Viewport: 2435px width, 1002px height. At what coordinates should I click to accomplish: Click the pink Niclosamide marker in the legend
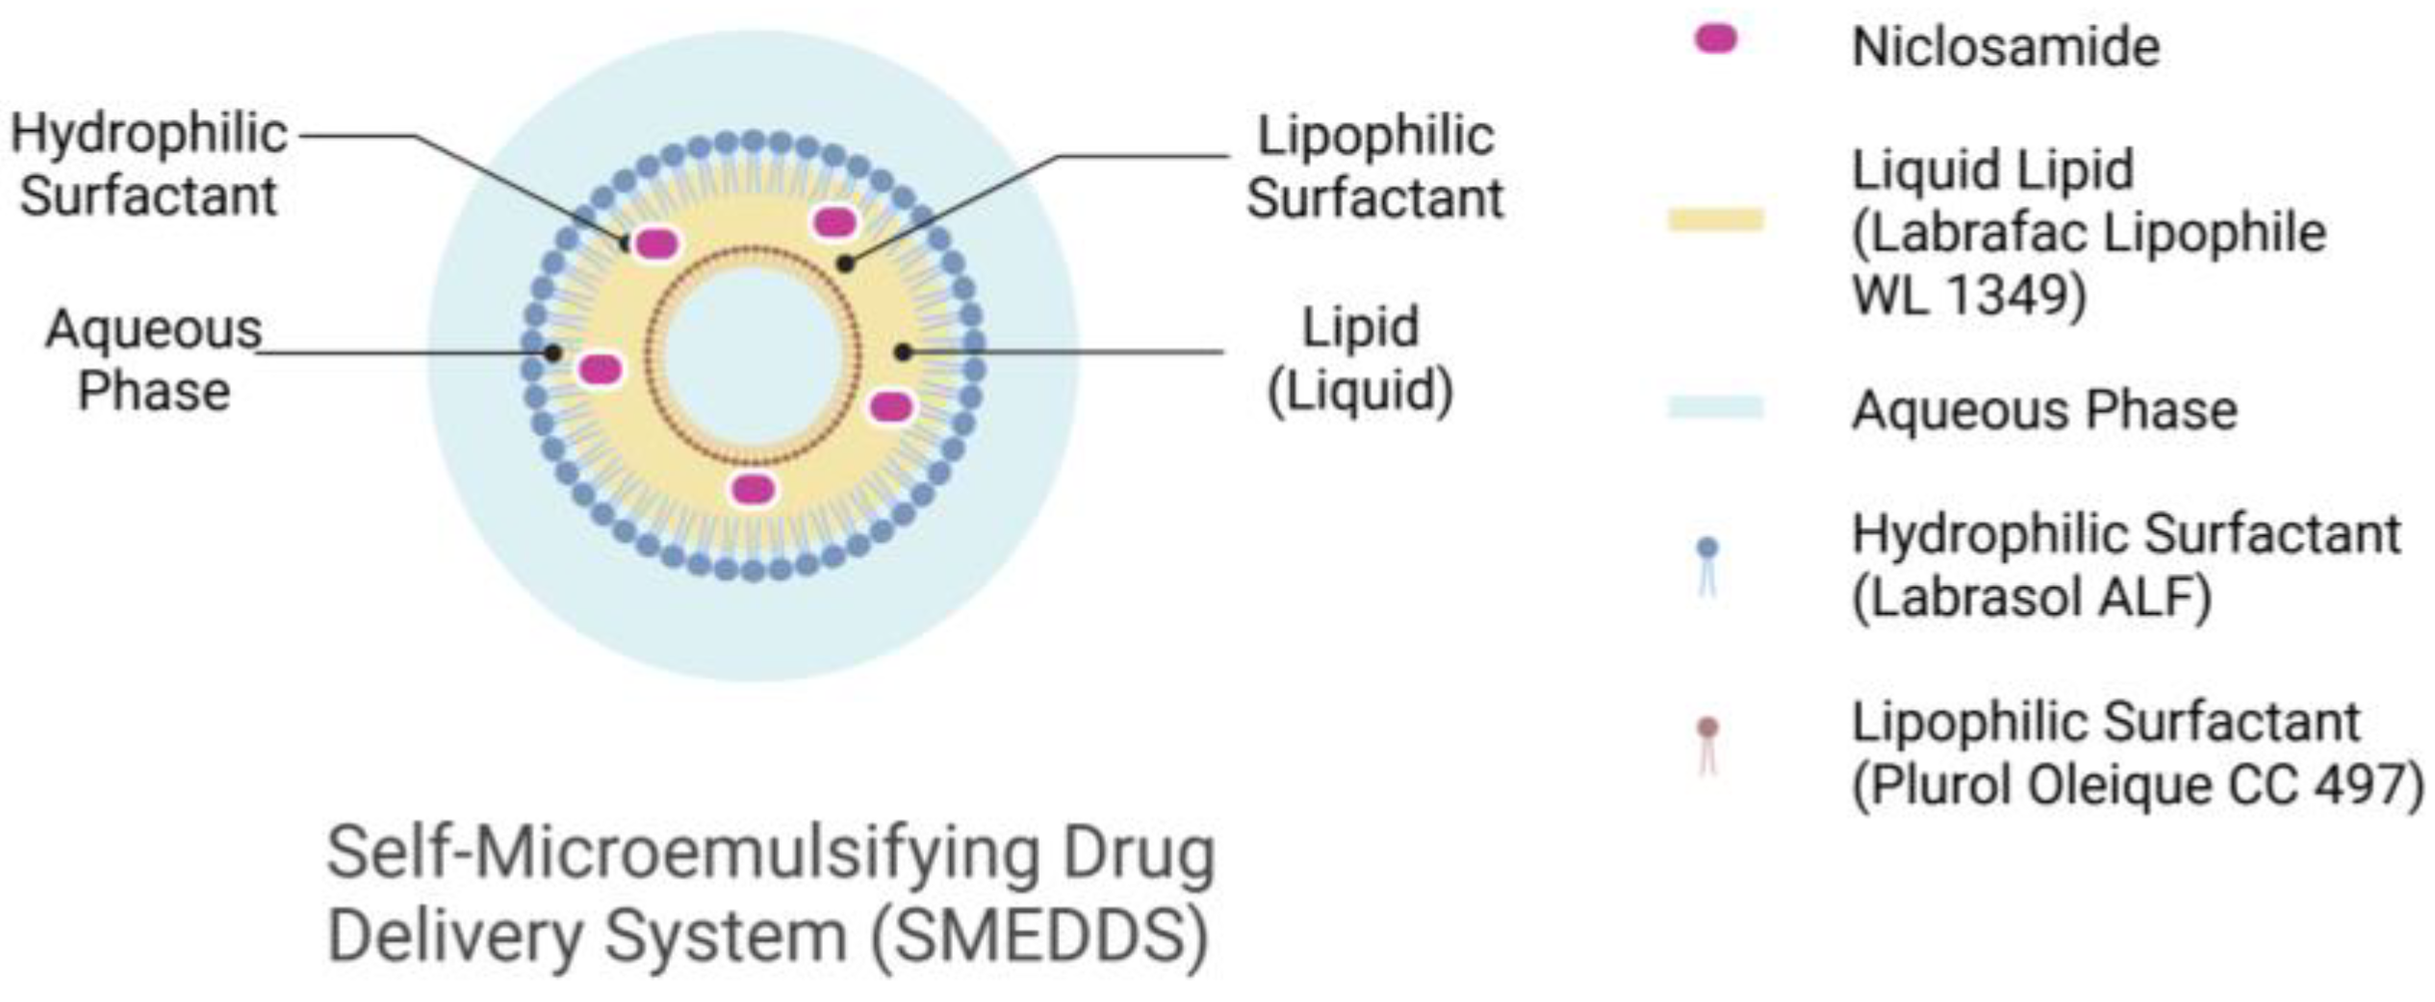1715,39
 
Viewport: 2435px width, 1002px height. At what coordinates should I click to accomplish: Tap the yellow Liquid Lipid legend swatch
1715,219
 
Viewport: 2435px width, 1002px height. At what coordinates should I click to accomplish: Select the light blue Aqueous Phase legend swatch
1715,408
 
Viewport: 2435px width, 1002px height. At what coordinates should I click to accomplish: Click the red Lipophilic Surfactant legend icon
1707,745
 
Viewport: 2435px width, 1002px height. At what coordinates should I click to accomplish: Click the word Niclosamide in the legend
2006,46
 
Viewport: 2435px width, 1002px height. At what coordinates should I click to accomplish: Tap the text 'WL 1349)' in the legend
1967,295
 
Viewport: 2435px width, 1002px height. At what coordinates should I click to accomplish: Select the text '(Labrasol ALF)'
2031,598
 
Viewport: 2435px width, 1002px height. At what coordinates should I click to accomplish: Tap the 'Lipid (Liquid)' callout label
1359,358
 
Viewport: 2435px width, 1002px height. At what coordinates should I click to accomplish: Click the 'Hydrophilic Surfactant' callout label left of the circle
149,165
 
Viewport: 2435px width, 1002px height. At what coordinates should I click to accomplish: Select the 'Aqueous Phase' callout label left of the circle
154,360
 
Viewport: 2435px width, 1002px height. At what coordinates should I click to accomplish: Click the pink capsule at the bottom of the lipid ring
753,489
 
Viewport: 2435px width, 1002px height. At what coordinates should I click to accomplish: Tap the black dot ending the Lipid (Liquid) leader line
903,352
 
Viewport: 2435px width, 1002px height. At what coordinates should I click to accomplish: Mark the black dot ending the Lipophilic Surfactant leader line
845,263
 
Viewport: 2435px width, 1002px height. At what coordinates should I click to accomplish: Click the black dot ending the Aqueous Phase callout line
552,353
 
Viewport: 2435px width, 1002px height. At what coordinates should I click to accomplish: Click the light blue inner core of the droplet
753,354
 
